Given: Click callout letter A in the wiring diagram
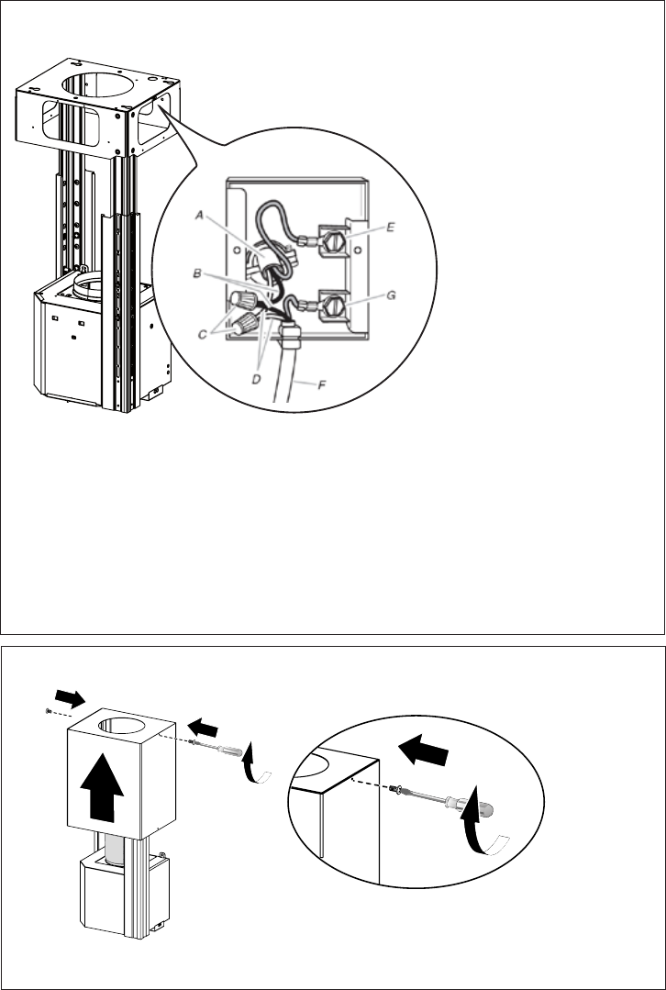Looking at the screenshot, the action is tap(199, 216).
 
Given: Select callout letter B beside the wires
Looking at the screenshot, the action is tap(197, 274).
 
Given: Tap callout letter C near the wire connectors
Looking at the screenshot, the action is tap(202, 335).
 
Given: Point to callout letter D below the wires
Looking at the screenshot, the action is tap(257, 379).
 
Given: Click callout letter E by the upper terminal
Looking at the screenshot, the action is tap(390, 228).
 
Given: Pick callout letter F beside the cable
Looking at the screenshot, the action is tap(321, 384).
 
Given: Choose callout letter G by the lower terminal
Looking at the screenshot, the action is tap(391, 295).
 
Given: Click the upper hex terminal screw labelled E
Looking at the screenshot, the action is tap(332, 239).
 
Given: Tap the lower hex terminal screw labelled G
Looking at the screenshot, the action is tap(332, 306).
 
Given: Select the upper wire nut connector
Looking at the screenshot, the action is tap(243, 298).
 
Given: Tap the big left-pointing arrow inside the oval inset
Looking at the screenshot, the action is tap(423, 751).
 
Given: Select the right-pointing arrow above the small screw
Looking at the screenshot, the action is tap(71, 698).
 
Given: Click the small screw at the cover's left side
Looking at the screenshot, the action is tap(49, 712).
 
